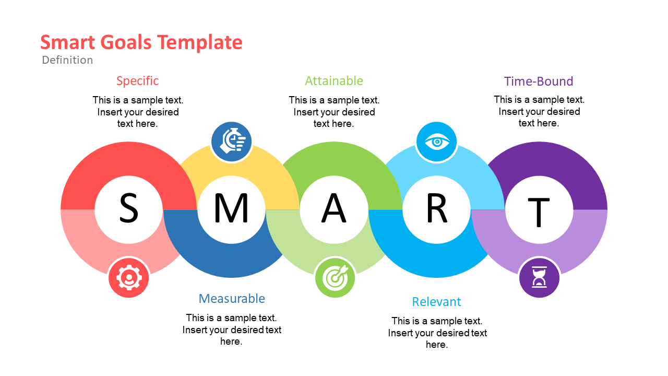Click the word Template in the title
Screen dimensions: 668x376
point(200,43)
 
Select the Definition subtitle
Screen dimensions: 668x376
point(67,60)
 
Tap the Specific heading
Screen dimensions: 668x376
point(137,81)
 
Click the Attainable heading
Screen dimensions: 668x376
point(334,81)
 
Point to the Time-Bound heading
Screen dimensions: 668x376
point(539,81)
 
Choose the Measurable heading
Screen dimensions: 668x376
point(232,298)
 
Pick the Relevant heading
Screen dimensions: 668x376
point(437,302)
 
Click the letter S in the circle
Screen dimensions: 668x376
point(129,208)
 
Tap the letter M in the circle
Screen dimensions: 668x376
point(231,208)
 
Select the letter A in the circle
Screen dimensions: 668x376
point(334,208)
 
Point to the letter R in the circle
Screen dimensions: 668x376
point(437,208)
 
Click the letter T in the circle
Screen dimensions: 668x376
point(539,212)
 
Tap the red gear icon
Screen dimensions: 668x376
point(129,278)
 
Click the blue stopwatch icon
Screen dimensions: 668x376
point(231,142)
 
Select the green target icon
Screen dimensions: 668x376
point(335,278)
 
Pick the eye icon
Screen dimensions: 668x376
point(437,142)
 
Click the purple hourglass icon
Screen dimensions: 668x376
point(539,278)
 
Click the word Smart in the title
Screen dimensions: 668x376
point(68,42)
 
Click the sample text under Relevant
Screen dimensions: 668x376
point(437,333)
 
